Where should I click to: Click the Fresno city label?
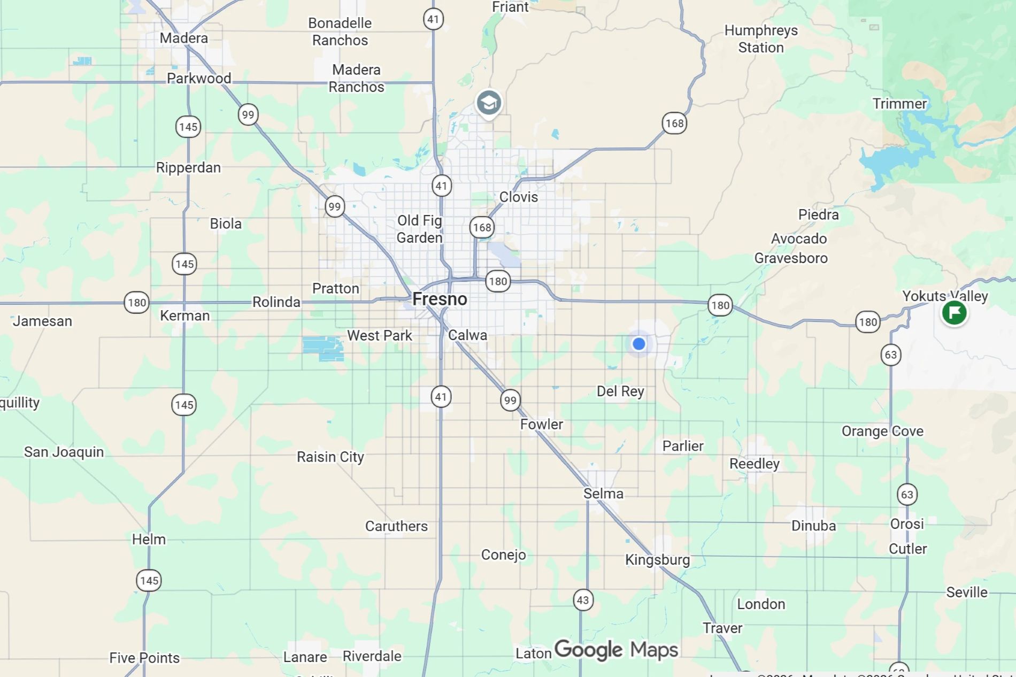(x=440, y=299)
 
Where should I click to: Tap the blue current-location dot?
(x=638, y=344)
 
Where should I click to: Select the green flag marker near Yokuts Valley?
(x=954, y=313)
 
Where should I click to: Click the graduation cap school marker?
(x=489, y=103)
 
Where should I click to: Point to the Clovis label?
(x=518, y=197)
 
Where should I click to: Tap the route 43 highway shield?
(x=583, y=600)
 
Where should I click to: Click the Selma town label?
(x=603, y=493)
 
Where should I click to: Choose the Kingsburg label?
(x=657, y=559)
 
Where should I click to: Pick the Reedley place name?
(x=754, y=463)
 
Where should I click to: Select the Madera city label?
(x=183, y=38)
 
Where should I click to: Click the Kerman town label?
(x=184, y=316)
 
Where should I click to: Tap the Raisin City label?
(x=330, y=457)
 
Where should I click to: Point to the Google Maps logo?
(x=616, y=650)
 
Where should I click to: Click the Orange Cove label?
(x=882, y=431)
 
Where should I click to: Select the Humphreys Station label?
(x=761, y=39)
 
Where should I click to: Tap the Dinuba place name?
(x=813, y=526)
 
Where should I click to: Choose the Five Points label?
(x=144, y=657)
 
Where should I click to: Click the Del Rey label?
(x=620, y=391)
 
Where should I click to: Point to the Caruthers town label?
(x=396, y=526)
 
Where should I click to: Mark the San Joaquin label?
(x=64, y=452)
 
